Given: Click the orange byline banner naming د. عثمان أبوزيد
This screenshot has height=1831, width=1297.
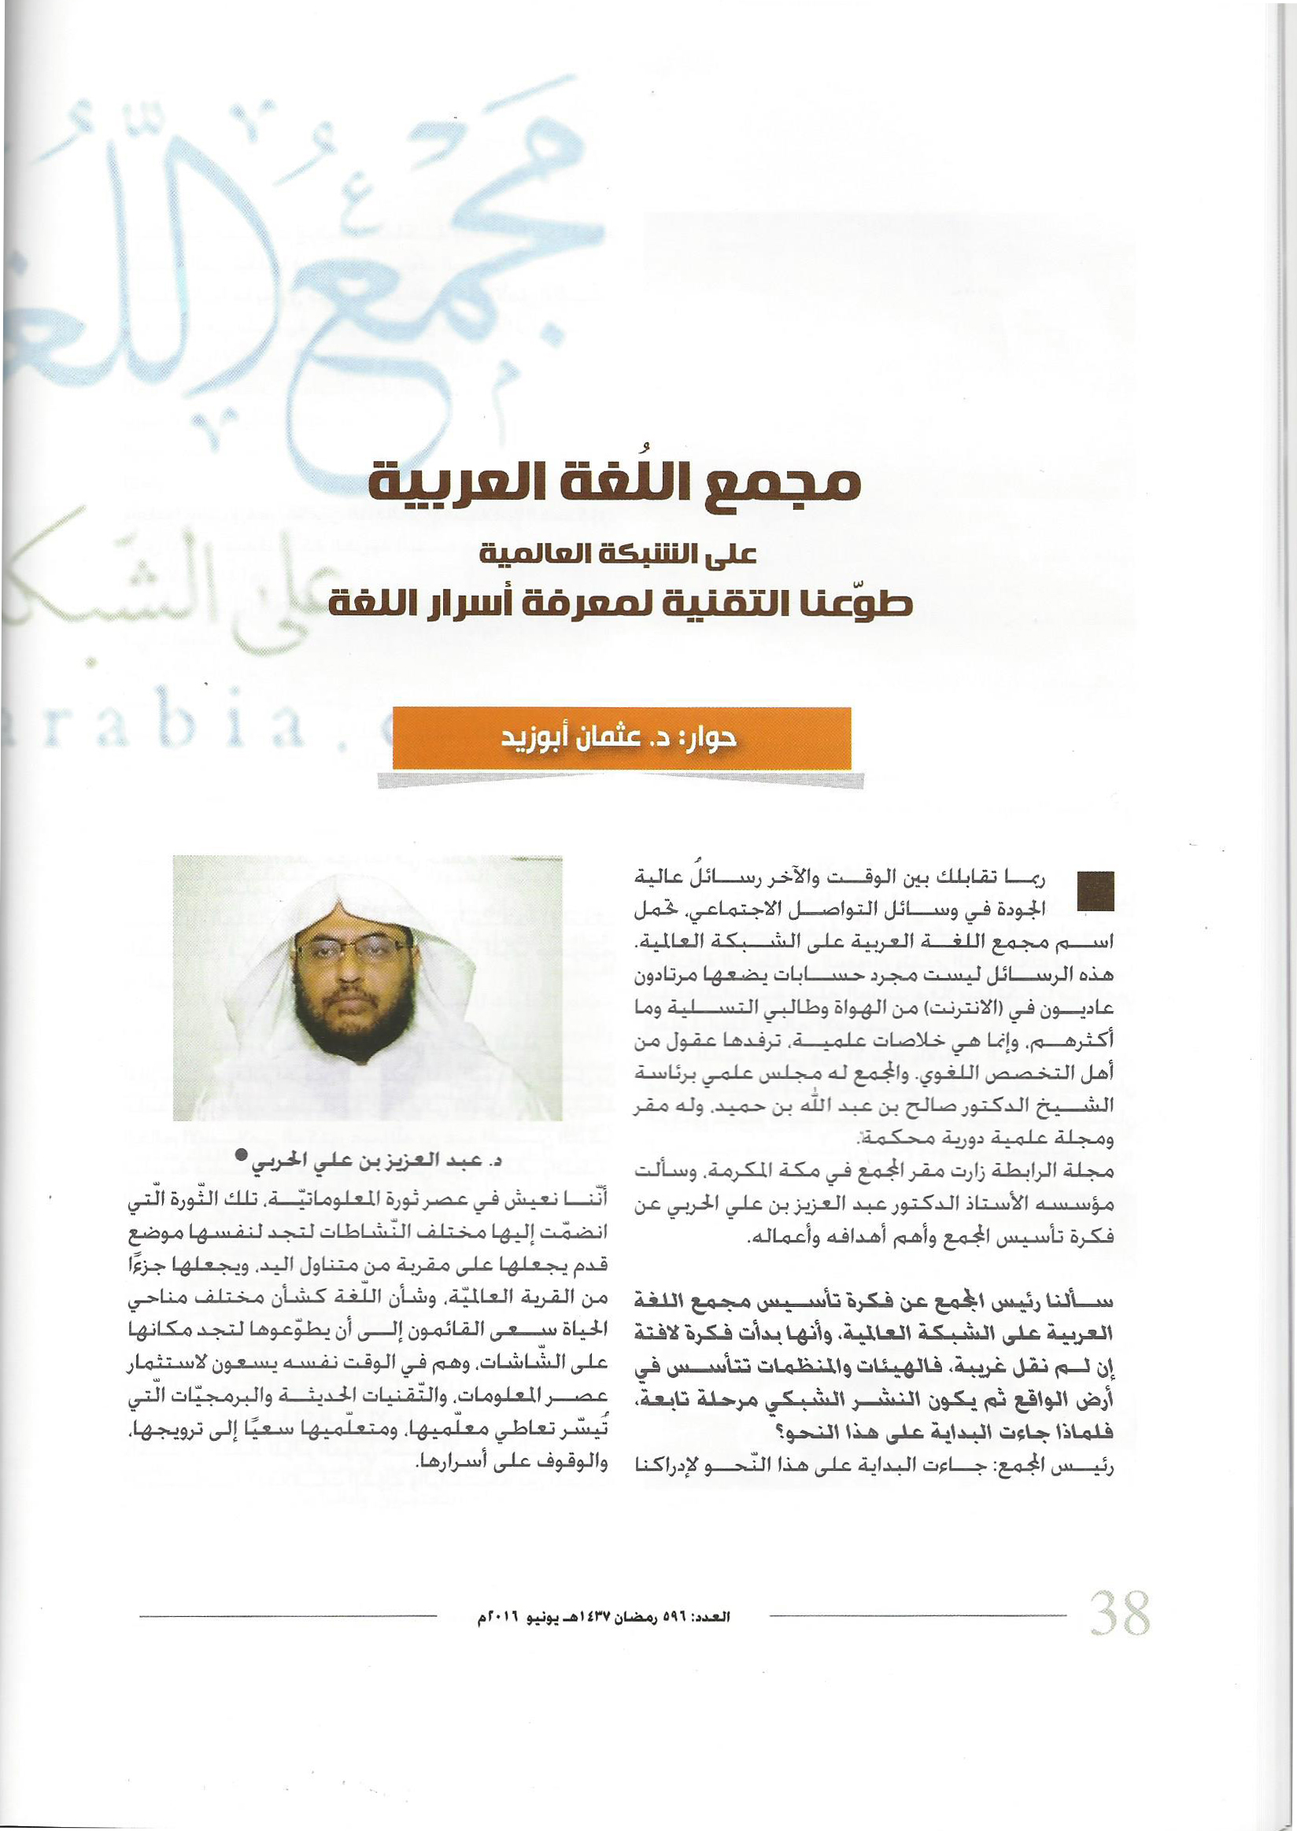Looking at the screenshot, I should (621, 739).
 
